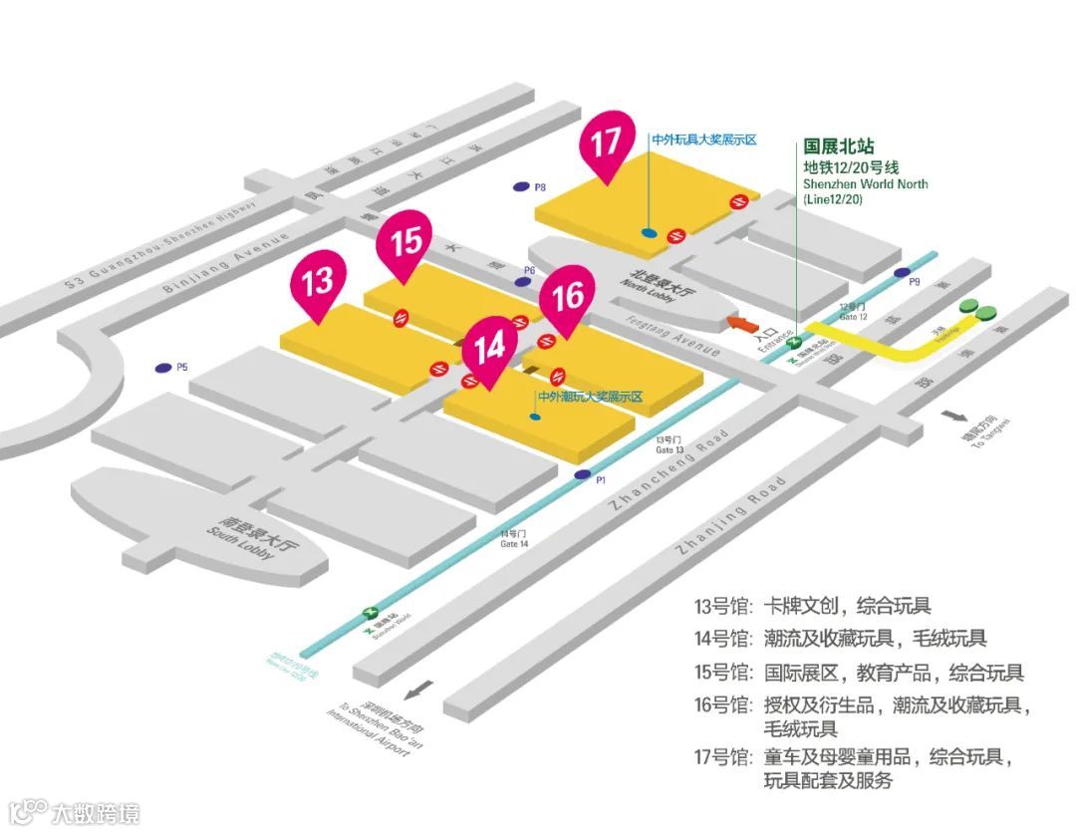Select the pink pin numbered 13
click(318, 282)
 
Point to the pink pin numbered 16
click(567, 298)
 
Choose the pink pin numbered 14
click(490, 349)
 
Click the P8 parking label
click(540, 186)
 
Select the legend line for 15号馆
click(858, 673)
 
